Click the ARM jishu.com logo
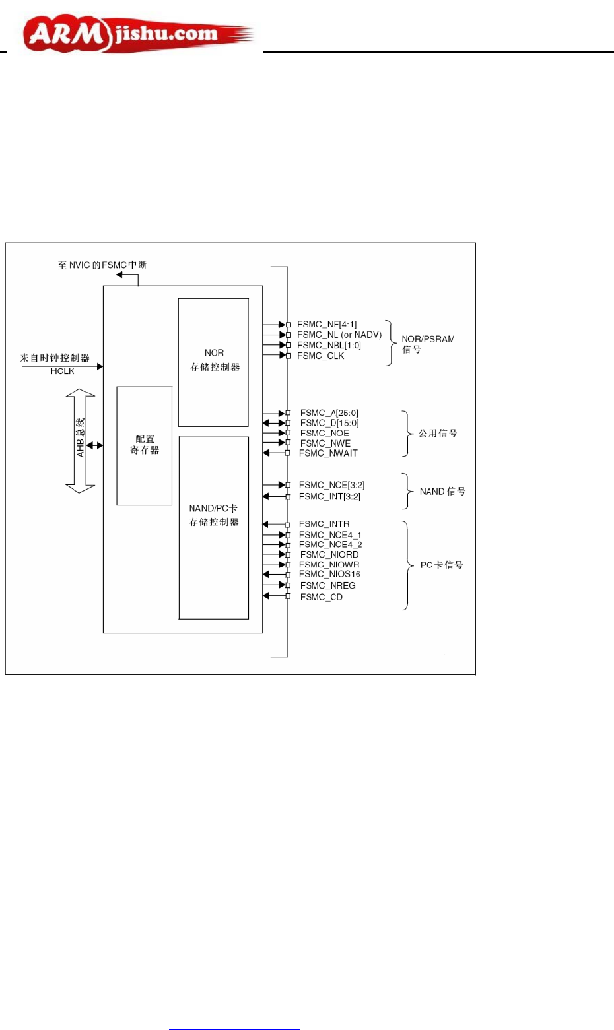(x=135, y=34)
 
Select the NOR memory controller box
(x=213, y=362)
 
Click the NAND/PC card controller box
(x=213, y=527)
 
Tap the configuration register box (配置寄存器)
(x=145, y=445)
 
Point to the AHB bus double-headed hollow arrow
(x=80, y=441)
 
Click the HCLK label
(x=62, y=371)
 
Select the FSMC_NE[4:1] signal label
(x=326, y=324)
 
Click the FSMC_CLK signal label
(x=320, y=356)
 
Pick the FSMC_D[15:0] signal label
(x=329, y=423)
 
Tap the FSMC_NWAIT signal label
(x=328, y=453)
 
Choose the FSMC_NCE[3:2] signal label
(x=331, y=485)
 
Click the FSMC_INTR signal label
(x=324, y=524)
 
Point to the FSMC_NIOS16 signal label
(x=329, y=574)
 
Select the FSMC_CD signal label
(x=321, y=597)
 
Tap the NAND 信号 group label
(x=442, y=492)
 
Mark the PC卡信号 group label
(x=442, y=565)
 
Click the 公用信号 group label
(x=437, y=434)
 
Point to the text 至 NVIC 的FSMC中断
(x=102, y=265)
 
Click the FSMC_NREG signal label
(x=327, y=585)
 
